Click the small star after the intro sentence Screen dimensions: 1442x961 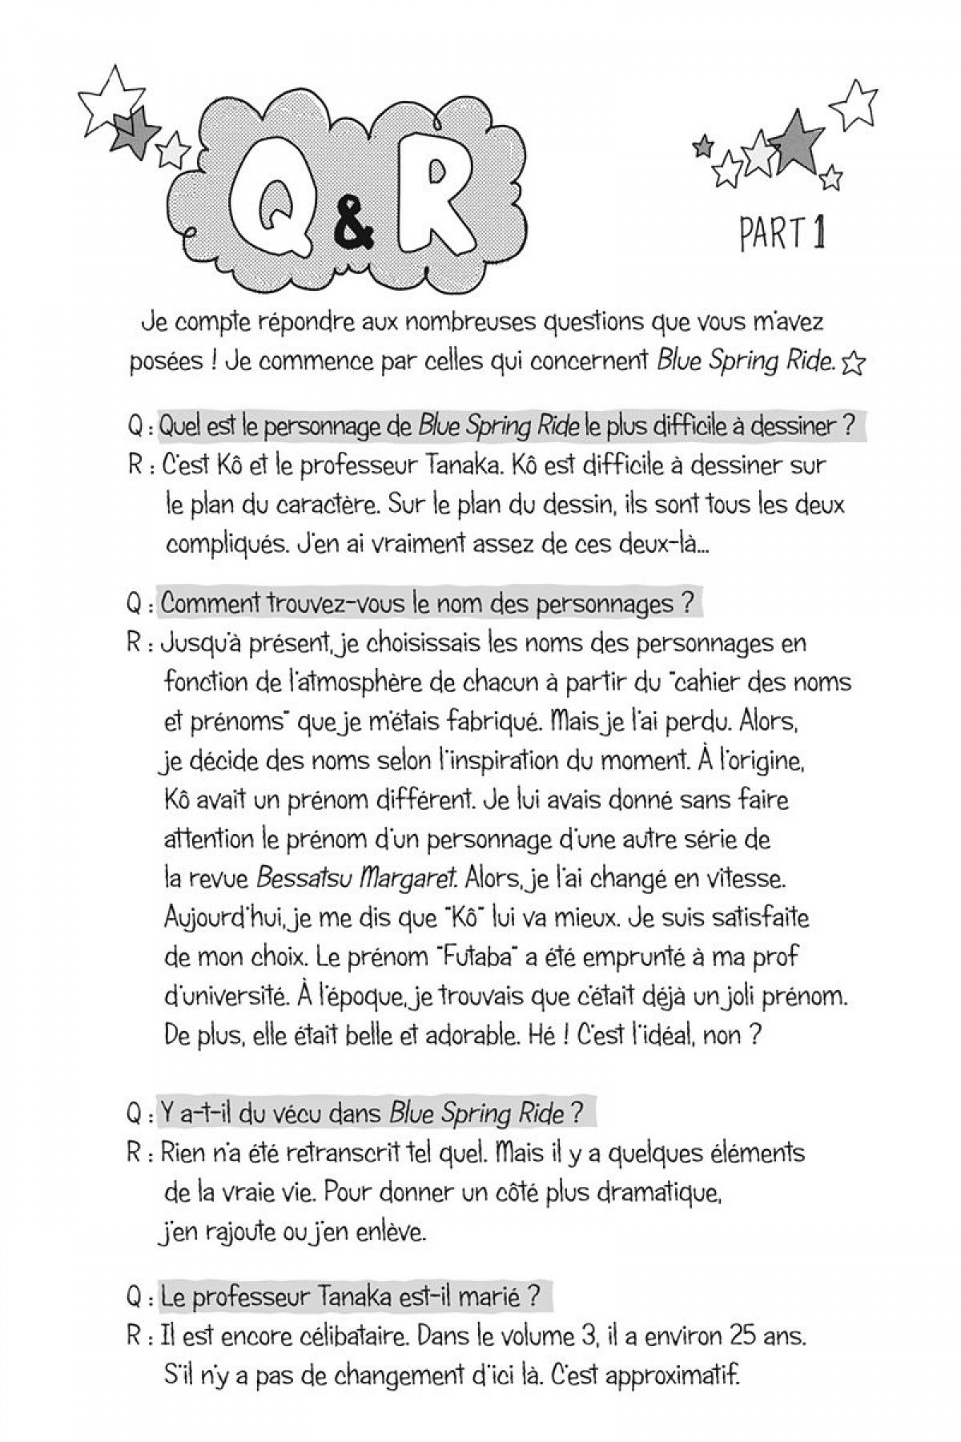[854, 365]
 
